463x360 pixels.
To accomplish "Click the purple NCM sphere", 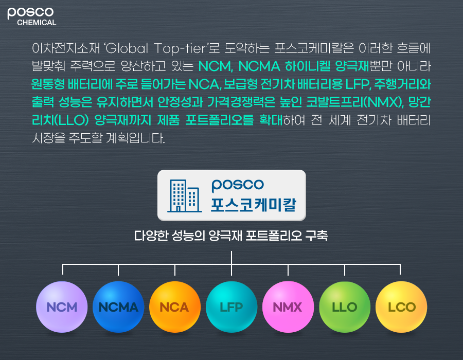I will [x=62, y=307].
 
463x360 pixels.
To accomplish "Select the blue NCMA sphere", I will [x=118, y=307].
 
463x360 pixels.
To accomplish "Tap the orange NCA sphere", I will [x=175, y=307].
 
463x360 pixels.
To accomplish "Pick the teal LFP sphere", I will [x=232, y=307].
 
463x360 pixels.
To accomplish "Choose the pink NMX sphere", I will [x=288, y=307].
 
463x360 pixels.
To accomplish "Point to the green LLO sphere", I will [x=345, y=307].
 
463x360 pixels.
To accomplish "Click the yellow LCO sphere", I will [x=401, y=307].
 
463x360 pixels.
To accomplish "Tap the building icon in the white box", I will [x=184, y=195].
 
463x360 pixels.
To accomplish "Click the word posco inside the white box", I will [x=238, y=184].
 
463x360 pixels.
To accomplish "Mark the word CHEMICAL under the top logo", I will [x=37, y=23].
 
